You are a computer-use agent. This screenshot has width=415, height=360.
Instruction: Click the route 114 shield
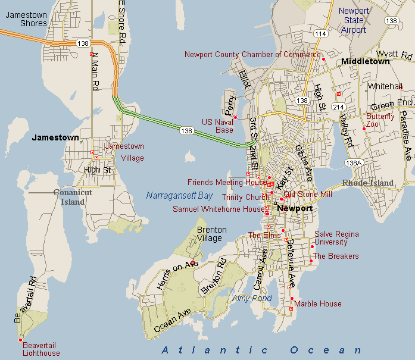point(321,34)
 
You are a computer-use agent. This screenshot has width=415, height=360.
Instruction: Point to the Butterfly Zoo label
point(380,120)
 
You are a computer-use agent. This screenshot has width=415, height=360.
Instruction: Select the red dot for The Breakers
point(311,261)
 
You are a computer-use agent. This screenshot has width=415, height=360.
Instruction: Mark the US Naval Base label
point(217,126)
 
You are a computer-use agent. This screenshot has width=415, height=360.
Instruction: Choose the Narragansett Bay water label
point(179,195)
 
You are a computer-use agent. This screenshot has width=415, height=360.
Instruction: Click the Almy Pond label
point(252,298)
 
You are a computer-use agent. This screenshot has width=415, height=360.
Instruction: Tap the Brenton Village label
point(211,234)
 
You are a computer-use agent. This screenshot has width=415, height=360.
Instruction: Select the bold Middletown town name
point(366,61)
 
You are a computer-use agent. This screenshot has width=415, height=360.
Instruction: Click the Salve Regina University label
point(336,238)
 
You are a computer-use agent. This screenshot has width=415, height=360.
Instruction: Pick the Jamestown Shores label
point(26,19)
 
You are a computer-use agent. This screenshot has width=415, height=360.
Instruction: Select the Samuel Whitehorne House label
point(219,209)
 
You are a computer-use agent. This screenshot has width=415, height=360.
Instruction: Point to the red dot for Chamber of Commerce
point(323,59)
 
